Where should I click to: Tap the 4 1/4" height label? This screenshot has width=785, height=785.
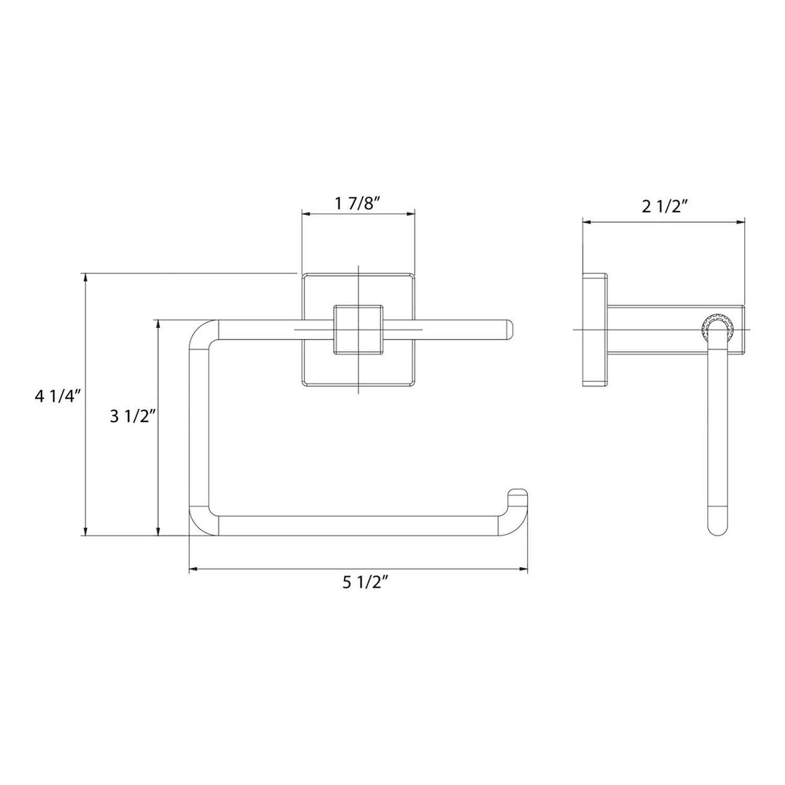tap(59, 396)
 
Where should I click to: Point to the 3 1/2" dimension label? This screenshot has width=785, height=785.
tap(133, 417)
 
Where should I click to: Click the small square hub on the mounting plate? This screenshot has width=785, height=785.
tap(358, 329)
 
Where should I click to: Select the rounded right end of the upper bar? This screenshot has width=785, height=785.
tap(510, 329)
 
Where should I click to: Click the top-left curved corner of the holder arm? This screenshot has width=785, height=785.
tap(201, 334)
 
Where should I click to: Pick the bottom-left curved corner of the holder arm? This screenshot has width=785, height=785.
tap(201, 521)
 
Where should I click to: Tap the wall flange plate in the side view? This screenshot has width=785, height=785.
tap(595, 329)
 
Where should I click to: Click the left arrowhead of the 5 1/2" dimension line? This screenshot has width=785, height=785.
tap(193, 569)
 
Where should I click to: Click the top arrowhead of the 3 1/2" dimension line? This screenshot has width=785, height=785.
tap(158, 324)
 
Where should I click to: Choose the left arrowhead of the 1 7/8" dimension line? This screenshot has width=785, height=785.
tap(306, 214)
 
